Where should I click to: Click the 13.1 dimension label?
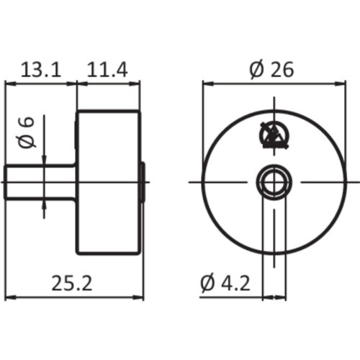coord(40,70)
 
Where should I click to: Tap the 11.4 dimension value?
coord(107,70)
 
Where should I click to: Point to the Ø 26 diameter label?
coord(273,70)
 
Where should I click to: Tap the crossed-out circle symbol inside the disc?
coord(272,134)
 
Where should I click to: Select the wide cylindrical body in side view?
coord(107,181)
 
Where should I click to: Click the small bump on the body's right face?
coord(143,181)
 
